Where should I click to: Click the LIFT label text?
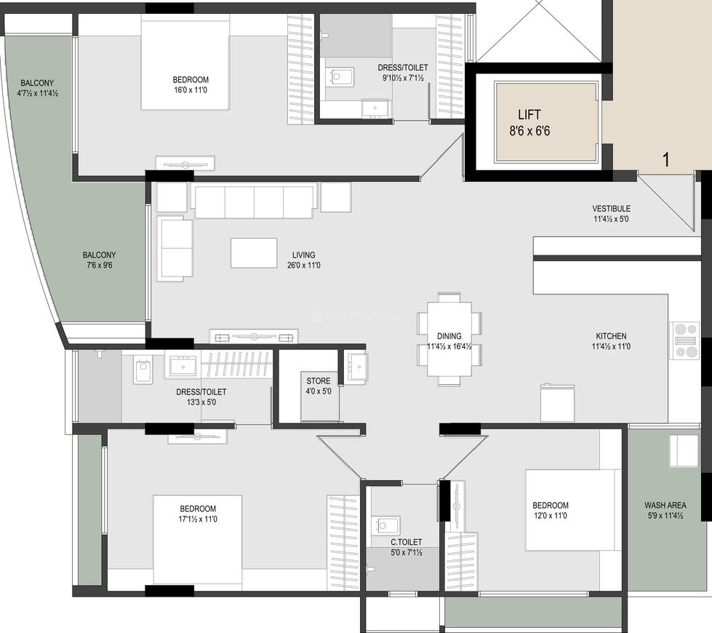tap(529, 114)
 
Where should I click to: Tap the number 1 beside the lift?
tap(665, 160)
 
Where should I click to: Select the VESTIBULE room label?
tap(611, 209)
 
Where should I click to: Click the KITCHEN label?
tap(611, 336)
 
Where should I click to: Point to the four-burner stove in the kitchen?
tap(686, 341)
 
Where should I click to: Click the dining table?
tap(449, 338)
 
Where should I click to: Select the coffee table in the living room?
tap(254, 252)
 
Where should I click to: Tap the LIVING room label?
tap(303, 255)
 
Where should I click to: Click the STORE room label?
tap(318, 381)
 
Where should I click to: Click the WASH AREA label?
tap(665, 505)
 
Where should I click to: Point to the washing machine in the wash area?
tap(684, 451)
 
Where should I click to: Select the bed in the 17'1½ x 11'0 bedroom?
tap(196, 540)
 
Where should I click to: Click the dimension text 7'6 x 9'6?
tap(99, 266)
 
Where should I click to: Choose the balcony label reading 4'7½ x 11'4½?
tap(38, 93)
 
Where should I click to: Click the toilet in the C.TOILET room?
tap(385, 525)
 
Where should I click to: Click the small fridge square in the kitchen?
tap(557, 403)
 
